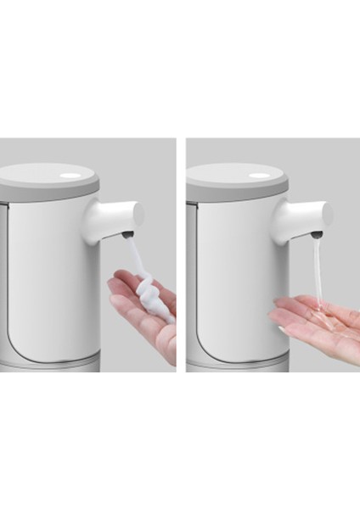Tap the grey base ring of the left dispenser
[x=51, y=365]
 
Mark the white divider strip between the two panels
[x=180, y=255]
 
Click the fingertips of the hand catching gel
[x=280, y=319]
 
